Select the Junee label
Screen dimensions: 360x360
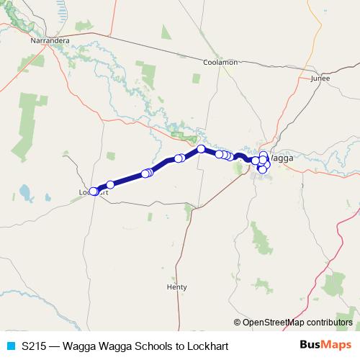pos(320,78)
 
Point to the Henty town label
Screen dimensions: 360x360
pos(176,287)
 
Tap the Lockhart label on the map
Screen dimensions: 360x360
pos(94,192)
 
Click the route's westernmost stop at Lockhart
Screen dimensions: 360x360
pos(93,192)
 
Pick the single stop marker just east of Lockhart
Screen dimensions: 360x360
pos(110,185)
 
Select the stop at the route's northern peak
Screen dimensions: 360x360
pos(202,149)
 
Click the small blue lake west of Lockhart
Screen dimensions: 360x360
pos(26,192)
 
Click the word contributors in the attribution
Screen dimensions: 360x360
pos(330,322)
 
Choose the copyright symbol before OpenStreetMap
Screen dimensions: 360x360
pos(238,322)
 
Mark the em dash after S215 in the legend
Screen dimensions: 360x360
pos(56,346)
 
